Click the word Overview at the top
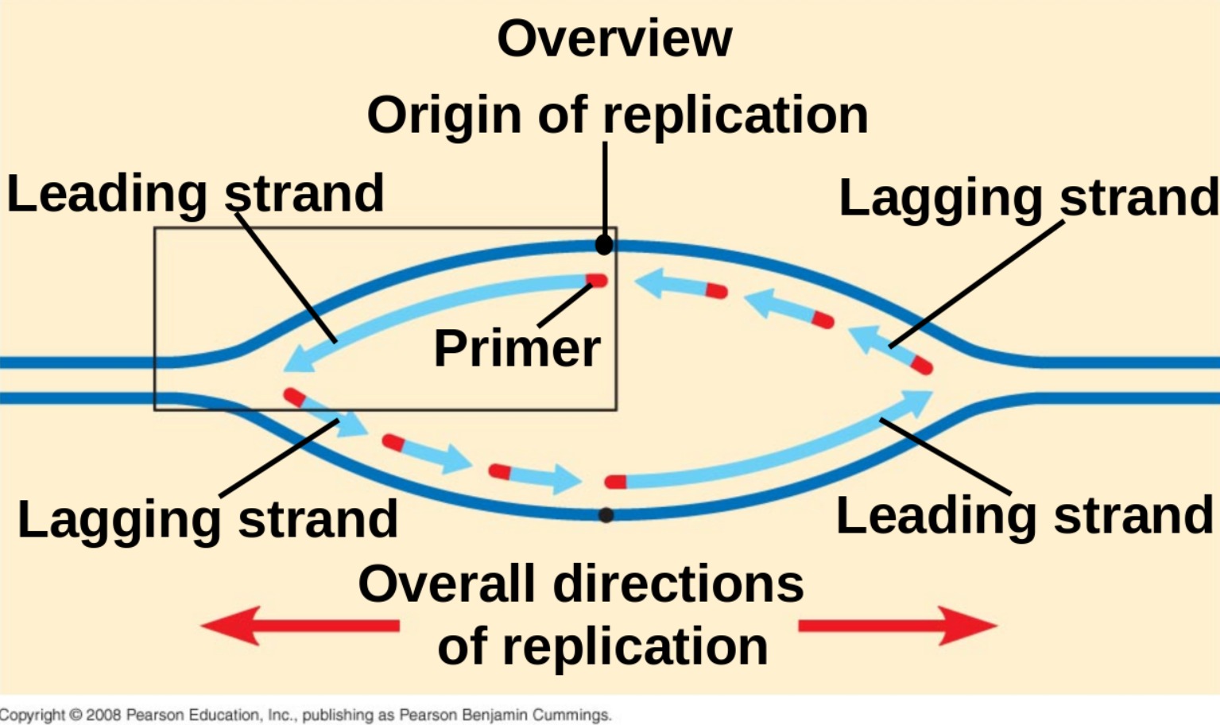click(614, 38)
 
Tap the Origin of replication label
click(617, 115)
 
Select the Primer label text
click(517, 348)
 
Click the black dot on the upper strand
click(604, 244)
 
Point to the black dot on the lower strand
click(606, 515)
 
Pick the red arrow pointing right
click(898, 626)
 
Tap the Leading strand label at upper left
click(195, 193)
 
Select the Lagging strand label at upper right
click(1028, 197)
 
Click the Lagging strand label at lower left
click(207, 519)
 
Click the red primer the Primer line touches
click(598, 281)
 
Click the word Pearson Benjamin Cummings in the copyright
click(505, 715)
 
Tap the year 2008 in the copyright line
click(103, 715)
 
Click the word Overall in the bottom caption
click(446, 584)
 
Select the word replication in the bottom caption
click(636, 646)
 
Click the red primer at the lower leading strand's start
click(615, 482)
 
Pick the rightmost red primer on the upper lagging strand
click(921, 366)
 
